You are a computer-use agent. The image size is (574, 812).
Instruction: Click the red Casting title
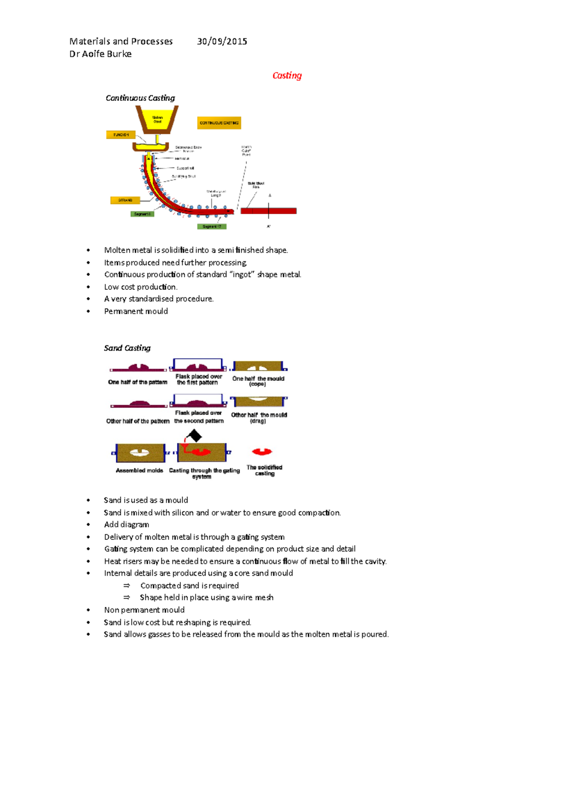tap(287, 76)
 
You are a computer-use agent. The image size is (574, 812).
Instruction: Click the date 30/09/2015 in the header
tap(222, 42)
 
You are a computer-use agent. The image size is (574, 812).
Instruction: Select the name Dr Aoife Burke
tap(100, 54)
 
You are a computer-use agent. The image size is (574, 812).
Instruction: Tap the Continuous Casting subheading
tap(140, 98)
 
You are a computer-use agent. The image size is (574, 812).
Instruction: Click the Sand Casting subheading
tap(127, 348)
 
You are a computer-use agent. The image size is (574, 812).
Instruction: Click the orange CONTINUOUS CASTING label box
tap(219, 123)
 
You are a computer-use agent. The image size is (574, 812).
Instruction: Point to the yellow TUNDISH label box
tap(121, 135)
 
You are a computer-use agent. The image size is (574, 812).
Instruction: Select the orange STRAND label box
tap(125, 200)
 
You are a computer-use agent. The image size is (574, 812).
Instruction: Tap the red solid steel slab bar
tap(268, 211)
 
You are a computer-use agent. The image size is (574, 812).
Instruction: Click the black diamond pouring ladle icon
tap(194, 436)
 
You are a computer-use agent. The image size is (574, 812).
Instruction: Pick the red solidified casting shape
tap(262, 451)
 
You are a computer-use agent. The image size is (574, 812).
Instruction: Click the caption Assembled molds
tap(139, 471)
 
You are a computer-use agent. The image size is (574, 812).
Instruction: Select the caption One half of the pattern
tap(138, 382)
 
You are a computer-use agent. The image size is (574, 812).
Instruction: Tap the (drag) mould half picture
tap(258, 401)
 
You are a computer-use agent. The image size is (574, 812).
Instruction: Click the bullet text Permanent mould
tap(136, 311)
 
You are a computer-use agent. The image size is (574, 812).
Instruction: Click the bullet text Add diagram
tap(126, 525)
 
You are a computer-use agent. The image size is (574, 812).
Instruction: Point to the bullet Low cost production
tap(141, 287)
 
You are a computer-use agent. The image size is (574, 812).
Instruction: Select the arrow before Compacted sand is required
tap(127, 586)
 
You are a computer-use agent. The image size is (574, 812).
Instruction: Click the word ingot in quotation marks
tap(242, 274)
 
